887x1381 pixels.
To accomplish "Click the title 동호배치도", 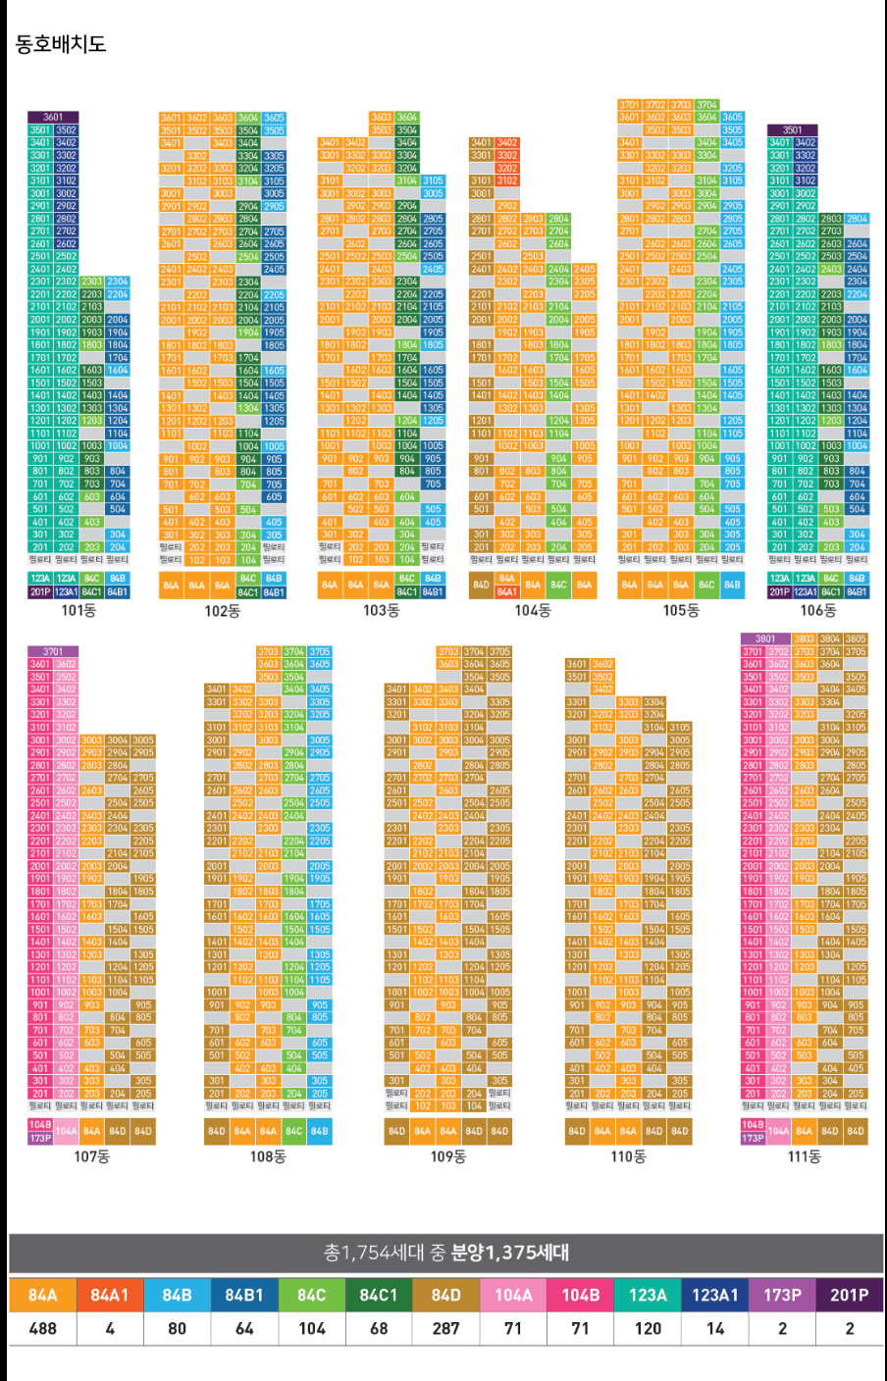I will coord(61,44).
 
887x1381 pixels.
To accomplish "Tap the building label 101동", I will coord(78,610).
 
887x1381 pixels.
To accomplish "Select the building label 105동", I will coord(681,610).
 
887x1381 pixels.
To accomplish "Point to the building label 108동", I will coord(268,1156).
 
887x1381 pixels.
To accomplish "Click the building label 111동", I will coord(805,1156).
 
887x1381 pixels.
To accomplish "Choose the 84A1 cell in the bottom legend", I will coord(110,1295).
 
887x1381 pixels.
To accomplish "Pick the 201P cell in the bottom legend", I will coord(850,1295).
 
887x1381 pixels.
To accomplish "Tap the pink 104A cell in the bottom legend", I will coord(513,1295).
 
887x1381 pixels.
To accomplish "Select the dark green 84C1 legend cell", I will coord(379,1295).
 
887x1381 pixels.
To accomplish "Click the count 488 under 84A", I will coord(43,1328).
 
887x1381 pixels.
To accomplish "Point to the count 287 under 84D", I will coord(446,1328).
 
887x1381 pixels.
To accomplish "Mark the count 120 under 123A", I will coord(648,1328).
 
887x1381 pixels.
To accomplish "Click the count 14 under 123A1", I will coord(715,1328).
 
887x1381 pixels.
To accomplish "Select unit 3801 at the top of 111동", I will coord(765,639).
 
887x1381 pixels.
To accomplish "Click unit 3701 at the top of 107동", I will coord(53,651).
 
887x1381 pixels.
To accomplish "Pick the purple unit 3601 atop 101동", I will coord(53,117).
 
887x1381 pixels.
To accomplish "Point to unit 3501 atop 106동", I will coord(792,129).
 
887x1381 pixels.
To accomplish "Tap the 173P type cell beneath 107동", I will coord(40,1138).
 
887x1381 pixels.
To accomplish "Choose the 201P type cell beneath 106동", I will coord(779,591).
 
